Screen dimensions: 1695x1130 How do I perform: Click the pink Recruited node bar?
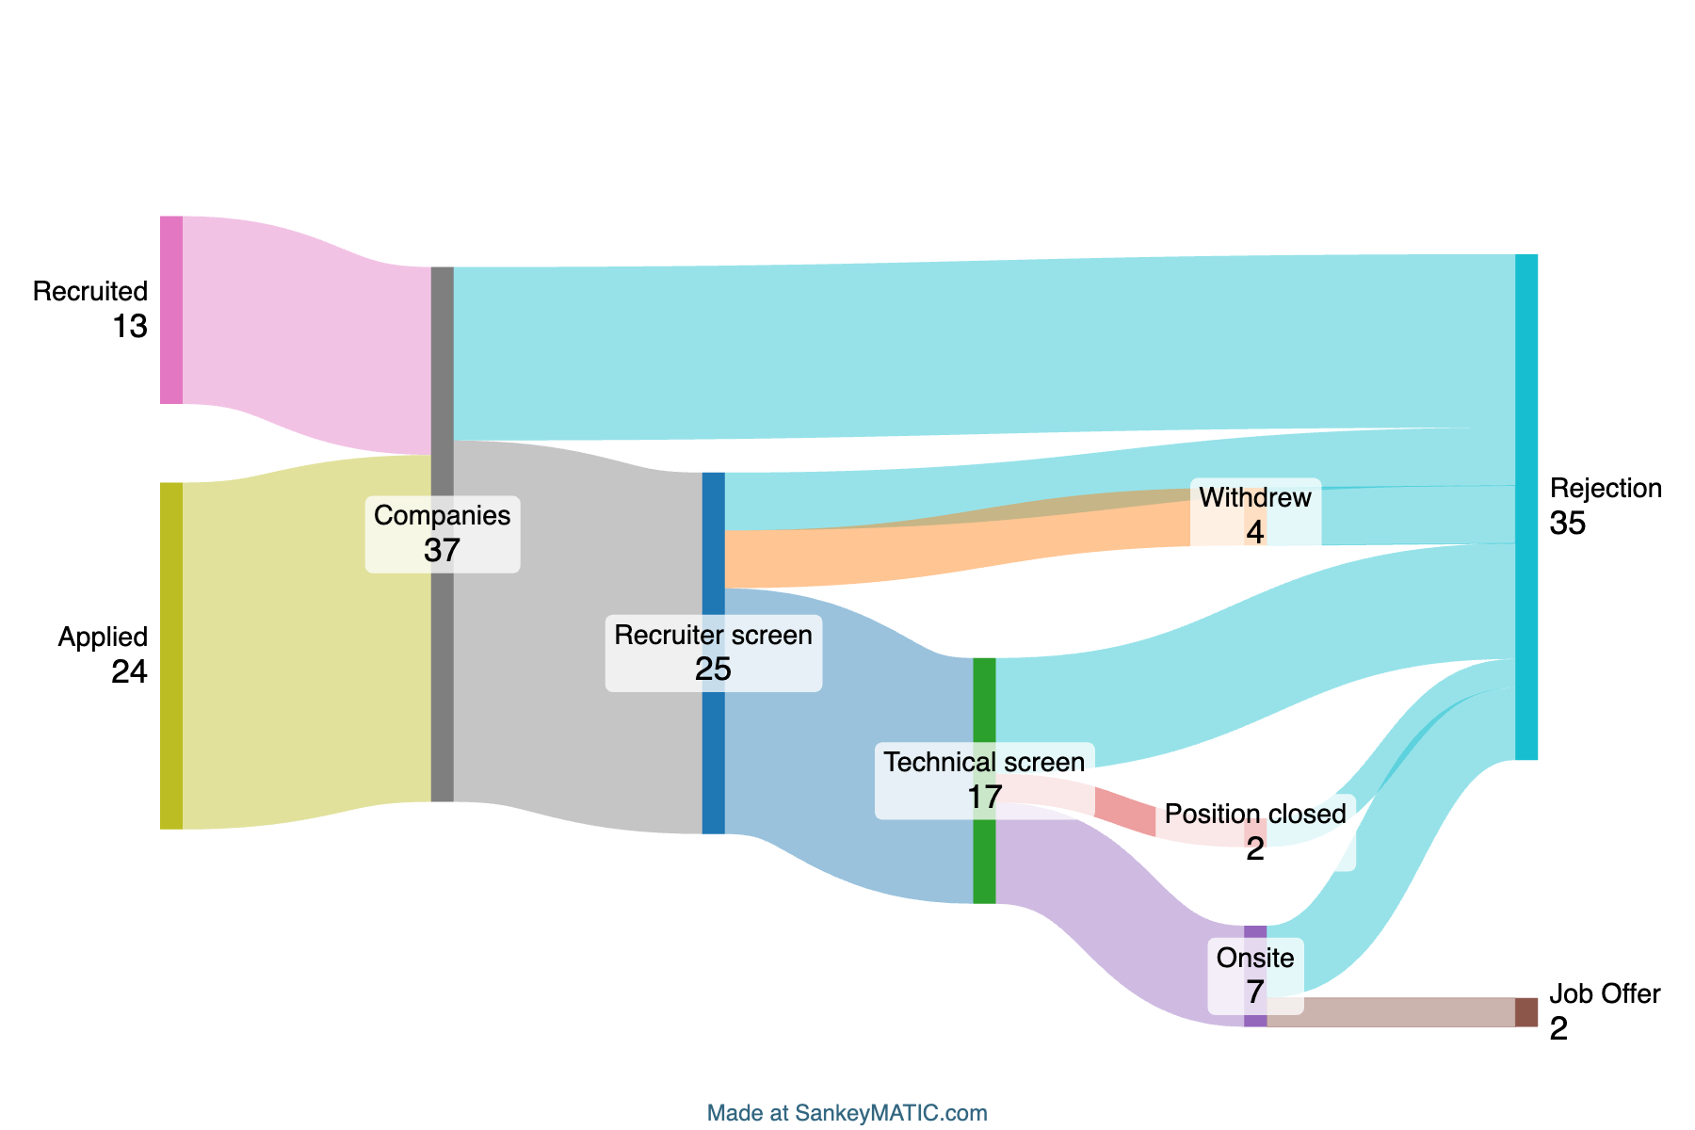click(171, 310)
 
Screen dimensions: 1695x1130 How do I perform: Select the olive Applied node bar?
click(171, 655)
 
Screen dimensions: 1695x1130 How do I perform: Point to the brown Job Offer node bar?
click(1526, 1012)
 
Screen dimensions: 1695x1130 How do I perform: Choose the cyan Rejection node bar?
click(1526, 507)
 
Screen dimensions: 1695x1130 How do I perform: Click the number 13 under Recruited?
click(130, 327)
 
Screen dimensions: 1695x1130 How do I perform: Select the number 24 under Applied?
click(130, 672)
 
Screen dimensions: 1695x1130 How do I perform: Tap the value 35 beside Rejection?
click(1568, 524)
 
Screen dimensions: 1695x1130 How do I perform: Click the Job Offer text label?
click(1605, 993)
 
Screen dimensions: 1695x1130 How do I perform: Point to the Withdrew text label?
click(1255, 497)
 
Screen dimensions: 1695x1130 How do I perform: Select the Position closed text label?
click(1255, 814)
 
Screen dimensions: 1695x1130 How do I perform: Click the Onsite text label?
click(1255, 958)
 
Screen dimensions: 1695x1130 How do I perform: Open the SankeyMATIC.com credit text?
click(847, 1113)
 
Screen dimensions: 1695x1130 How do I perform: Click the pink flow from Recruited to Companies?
click(307, 335)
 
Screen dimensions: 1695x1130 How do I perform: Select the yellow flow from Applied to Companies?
click(307, 642)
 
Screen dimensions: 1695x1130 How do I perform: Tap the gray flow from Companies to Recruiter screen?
click(578, 637)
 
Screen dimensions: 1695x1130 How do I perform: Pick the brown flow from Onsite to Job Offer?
click(1391, 1012)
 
